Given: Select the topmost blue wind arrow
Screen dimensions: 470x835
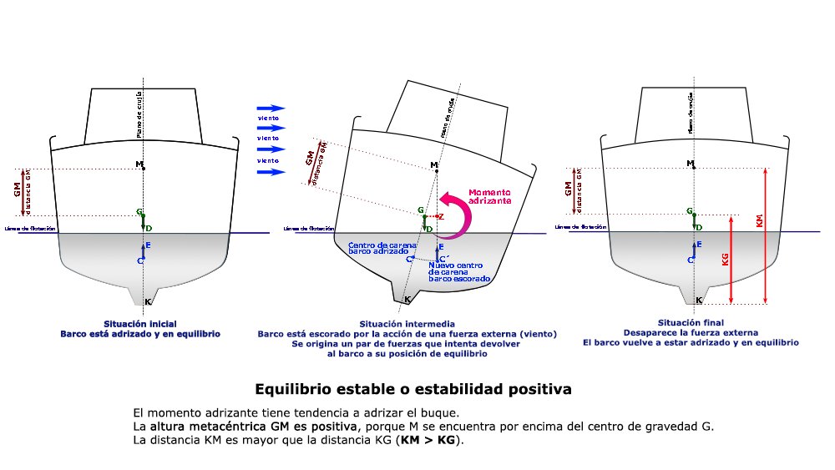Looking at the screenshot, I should (271, 109).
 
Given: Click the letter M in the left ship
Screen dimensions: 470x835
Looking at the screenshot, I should (140, 164).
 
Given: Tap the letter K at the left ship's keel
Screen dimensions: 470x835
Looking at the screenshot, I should (148, 301).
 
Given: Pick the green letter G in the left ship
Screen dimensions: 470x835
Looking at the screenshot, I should (139, 213).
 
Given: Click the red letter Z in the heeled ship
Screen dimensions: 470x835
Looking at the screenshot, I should (442, 216).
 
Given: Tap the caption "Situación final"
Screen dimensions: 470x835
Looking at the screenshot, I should (691, 322).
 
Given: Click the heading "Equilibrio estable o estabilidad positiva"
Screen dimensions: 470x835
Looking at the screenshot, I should (412, 389).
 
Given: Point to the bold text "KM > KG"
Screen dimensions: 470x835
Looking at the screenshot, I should (430, 440).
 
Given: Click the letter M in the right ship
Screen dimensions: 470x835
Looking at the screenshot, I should (690, 164).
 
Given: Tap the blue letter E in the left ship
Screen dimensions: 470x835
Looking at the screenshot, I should (148, 245).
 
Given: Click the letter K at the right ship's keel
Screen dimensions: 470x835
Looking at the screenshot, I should (698, 299).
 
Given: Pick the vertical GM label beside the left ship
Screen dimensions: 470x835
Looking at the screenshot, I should (17, 190).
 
